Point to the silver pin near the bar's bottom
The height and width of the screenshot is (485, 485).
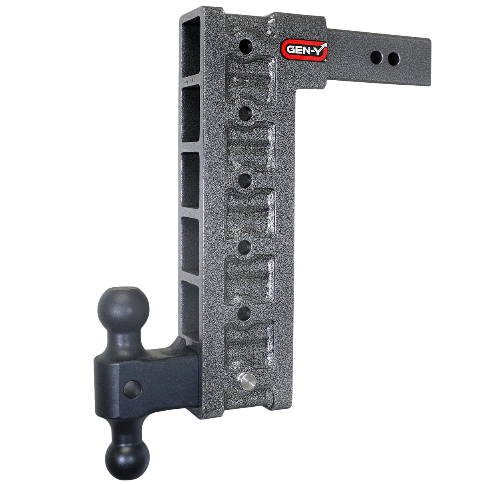[242, 378]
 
